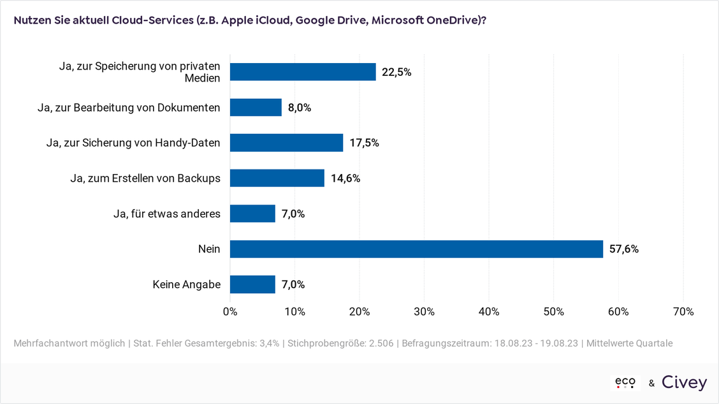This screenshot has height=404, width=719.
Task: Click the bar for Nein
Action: click(x=416, y=249)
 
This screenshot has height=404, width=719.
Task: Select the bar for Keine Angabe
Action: click(x=252, y=284)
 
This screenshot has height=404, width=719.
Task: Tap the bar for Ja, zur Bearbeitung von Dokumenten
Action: click(x=256, y=107)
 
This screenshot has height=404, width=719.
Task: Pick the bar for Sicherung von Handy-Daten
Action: click(x=287, y=143)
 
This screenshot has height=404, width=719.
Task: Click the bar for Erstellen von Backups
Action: click(x=277, y=178)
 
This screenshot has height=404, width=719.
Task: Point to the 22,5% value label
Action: click(x=396, y=72)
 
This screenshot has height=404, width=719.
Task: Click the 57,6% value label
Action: click(x=624, y=249)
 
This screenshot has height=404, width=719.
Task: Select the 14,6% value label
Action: click(x=345, y=178)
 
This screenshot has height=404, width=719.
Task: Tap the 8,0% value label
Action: click(x=300, y=107)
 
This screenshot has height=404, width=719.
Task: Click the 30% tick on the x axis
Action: click(x=424, y=312)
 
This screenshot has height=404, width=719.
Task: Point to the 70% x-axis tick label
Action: click(x=683, y=312)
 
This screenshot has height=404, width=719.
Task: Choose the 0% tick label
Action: click(x=230, y=312)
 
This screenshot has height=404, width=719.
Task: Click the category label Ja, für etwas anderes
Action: click(x=167, y=213)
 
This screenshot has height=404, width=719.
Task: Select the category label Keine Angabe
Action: click(x=187, y=284)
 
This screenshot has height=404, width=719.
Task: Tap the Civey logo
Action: click(x=684, y=382)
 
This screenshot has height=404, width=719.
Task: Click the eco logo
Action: click(x=625, y=382)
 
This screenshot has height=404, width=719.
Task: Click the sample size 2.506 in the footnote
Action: click(x=381, y=343)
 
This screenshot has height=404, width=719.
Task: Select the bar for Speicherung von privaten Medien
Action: click(x=303, y=72)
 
